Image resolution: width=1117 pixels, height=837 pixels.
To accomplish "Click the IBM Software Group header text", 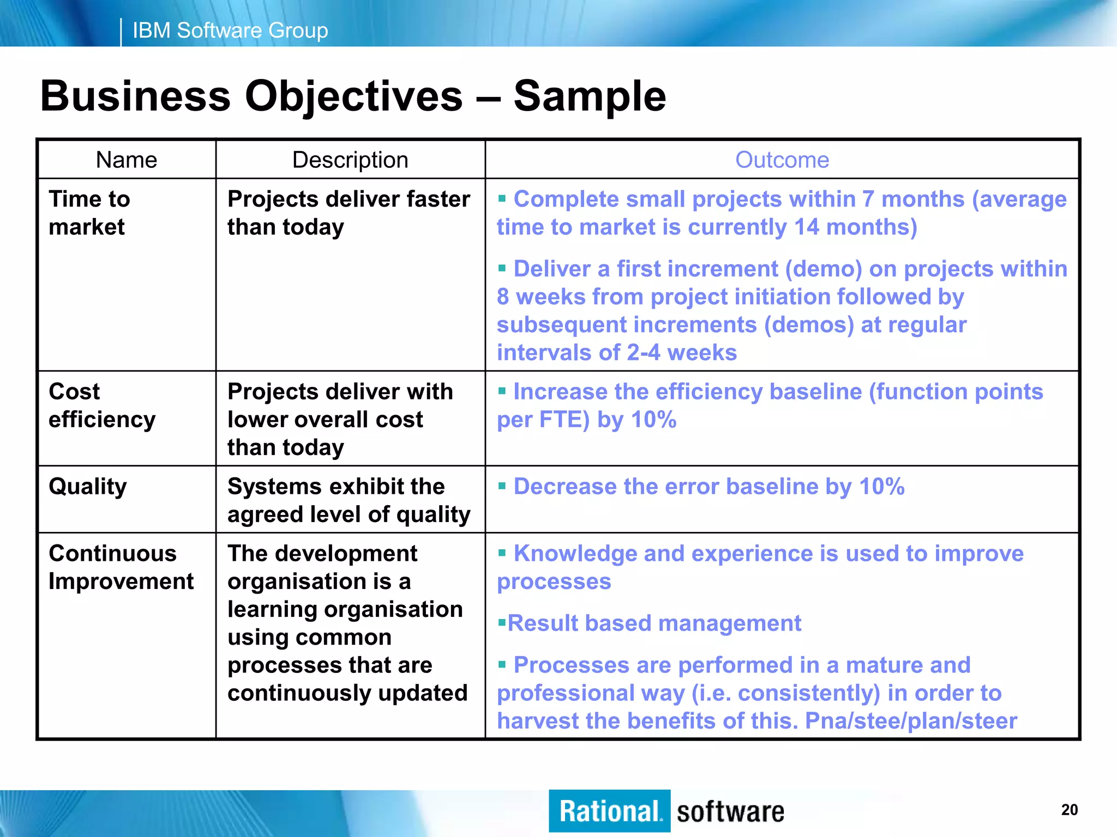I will [230, 31].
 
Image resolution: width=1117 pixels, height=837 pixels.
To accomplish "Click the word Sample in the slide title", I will [590, 96].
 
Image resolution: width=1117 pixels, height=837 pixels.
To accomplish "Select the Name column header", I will [127, 160].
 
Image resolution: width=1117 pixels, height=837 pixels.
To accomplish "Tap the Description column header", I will [350, 160].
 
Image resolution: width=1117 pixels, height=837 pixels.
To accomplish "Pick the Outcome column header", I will [782, 160].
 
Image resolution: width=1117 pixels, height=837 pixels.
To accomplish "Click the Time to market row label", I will [89, 213].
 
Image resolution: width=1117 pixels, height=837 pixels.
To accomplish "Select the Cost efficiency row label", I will [102, 405].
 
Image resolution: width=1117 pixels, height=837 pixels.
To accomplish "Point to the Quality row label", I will [88, 487].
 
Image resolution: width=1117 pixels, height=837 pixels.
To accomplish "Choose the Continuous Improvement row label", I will [121, 567].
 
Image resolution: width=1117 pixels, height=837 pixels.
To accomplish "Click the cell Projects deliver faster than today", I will [348, 213].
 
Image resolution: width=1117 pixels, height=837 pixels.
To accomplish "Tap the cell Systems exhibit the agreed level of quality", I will [348, 500].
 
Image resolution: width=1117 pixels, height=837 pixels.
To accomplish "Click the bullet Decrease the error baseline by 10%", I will [708, 487].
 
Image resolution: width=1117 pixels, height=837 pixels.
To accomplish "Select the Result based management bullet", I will [654, 623].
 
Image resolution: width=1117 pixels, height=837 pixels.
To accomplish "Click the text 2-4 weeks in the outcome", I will [681, 353].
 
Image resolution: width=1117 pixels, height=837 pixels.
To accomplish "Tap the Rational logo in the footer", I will [609, 811].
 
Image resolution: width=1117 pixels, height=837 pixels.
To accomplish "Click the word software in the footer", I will [730, 812].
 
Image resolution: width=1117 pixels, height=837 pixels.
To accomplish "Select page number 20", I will [1069, 810].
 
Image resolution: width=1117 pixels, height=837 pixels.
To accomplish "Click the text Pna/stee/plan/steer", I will [911, 721].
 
